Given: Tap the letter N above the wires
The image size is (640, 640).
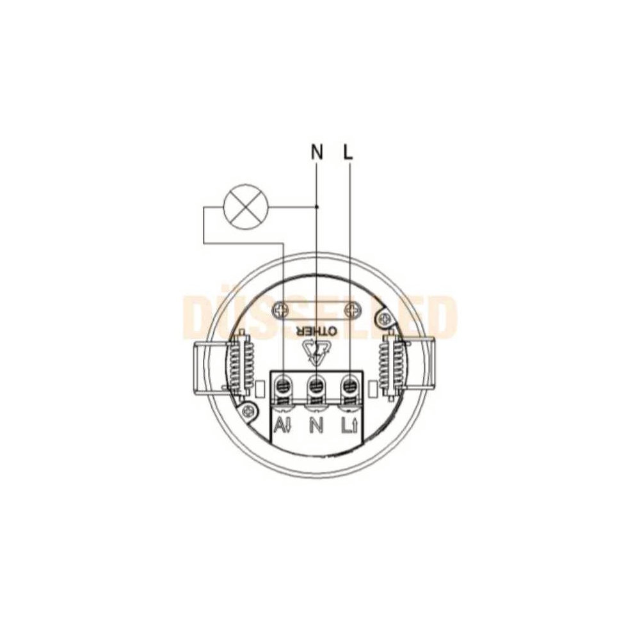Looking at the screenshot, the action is click(x=317, y=152).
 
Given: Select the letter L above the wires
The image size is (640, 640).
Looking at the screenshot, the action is click(x=348, y=152).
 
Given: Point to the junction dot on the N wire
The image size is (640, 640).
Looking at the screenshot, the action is click(x=317, y=207).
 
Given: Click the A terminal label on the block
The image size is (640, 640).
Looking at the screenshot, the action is click(x=283, y=426).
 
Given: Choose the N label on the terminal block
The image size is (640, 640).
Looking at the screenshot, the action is click(x=316, y=426).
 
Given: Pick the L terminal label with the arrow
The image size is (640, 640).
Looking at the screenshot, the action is click(x=350, y=426).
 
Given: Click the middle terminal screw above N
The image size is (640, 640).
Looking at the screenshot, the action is click(x=316, y=385).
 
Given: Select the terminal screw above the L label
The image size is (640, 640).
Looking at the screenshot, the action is click(x=349, y=385).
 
